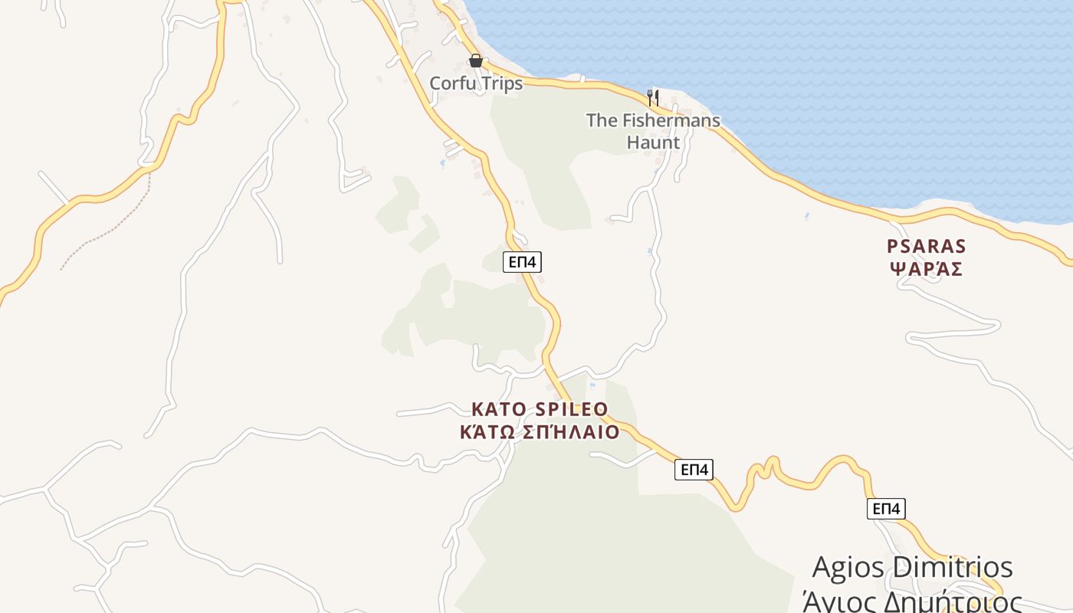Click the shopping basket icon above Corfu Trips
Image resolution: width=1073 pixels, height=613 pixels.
click(476, 61)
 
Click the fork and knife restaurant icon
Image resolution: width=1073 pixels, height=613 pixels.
click(653, 97)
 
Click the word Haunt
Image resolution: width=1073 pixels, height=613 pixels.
click(653, 143)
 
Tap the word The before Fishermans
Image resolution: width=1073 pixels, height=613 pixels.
click(602, 120)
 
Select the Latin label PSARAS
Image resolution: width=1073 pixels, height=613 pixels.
click(927, 247)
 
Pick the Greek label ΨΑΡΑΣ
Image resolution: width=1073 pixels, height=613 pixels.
click(927, 270)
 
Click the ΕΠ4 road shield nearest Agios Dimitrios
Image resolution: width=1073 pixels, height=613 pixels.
click(886, 509)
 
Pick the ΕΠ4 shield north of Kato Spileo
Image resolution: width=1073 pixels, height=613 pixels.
click(522, 262)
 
